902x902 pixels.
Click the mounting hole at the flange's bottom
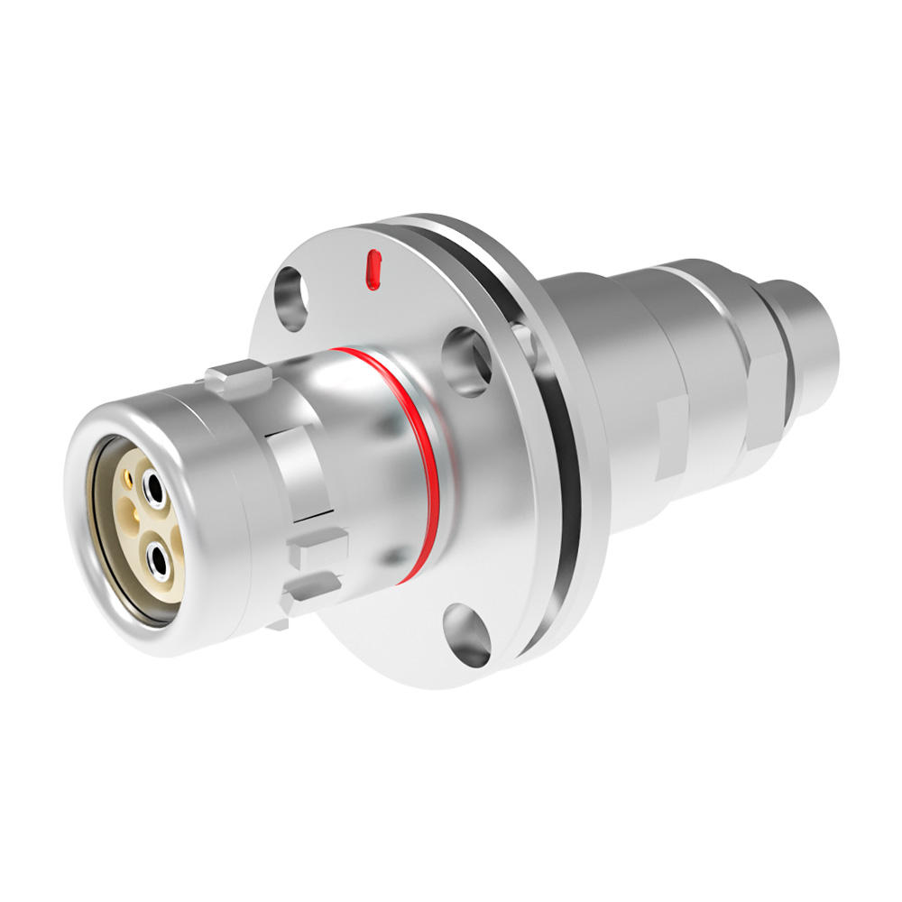click(467, 635)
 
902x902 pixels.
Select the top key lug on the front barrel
click(236, 373)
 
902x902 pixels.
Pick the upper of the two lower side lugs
click(318, 546)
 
